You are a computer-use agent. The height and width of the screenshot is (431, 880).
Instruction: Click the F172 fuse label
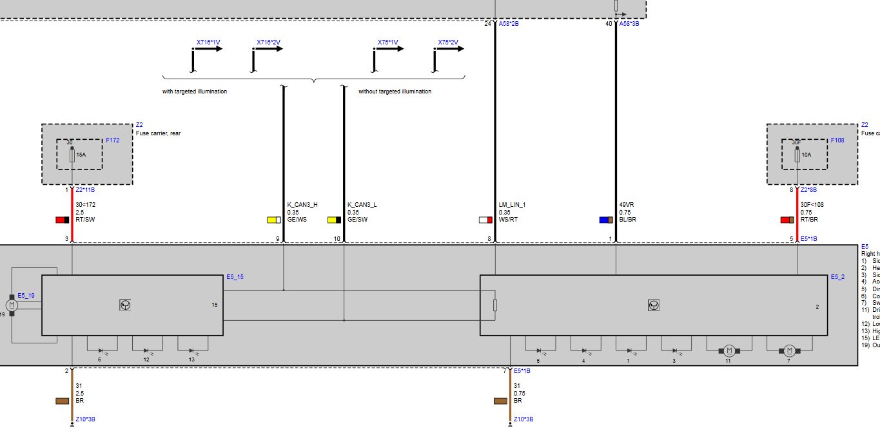pos(113,140)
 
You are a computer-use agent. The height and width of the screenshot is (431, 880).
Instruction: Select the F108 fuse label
pos(837,140)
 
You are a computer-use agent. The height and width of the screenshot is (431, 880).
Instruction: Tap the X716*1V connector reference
pos(208,43)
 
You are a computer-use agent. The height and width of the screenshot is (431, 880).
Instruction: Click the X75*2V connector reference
pos(448,43)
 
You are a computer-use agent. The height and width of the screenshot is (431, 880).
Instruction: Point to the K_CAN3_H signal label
pos(302,205)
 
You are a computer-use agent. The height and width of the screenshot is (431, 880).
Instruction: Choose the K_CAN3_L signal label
pos(362,205)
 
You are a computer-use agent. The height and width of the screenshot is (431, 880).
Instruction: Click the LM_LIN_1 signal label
pos(513,205)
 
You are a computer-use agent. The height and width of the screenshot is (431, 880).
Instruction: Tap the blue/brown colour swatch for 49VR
pos(606,220)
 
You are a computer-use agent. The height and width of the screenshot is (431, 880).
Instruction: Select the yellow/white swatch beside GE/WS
pos(274,220)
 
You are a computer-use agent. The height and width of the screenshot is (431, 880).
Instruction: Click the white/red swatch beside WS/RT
pos(485,220)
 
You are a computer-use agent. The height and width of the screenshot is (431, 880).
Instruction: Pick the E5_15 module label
pos(235,277)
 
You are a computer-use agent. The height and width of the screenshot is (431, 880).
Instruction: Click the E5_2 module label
pos(837,277)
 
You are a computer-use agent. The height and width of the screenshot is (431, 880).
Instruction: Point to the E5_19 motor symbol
pos(12,305)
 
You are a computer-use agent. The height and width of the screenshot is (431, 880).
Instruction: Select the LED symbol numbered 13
pos(191,350)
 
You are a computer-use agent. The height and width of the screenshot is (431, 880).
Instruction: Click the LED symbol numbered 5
pos(538,350)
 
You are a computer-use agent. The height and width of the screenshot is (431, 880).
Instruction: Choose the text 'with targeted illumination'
pos(195,91)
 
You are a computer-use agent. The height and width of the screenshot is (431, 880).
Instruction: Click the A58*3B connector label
pos(631,24)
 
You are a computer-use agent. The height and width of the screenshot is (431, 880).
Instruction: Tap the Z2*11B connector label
pos(86,191)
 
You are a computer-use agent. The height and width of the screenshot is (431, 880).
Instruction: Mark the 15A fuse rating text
pos(80,155)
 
